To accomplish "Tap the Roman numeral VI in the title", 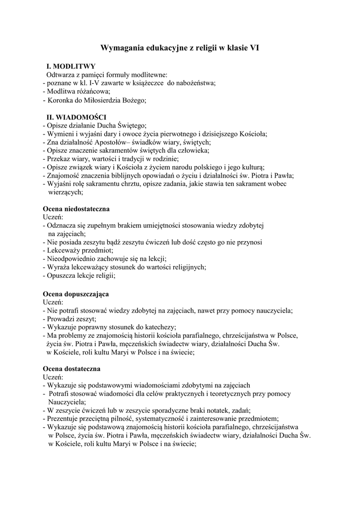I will point(253,48).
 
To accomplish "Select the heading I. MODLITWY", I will point(71,66).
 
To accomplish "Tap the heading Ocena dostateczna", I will point(72,369).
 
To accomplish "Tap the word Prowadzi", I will point(61,319).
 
